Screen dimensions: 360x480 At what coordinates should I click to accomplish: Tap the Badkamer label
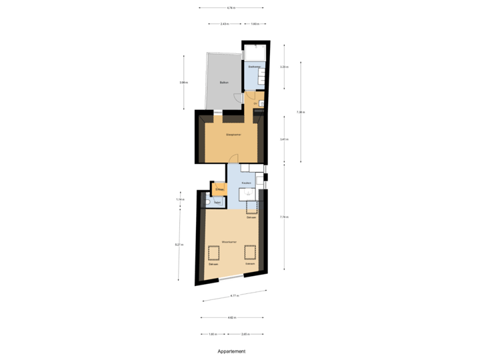pyautogui.click(x=253, y=67)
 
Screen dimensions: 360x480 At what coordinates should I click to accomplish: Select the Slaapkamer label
pyautogui.click(x=233, y=135)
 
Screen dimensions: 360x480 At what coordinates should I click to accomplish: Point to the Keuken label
pyautogui.click(x=246, y=182)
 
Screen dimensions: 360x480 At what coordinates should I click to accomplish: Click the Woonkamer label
pyautogui.click(x=231, y=243)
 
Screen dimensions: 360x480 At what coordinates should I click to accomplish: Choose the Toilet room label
pyautogui.click(x=217, y=201)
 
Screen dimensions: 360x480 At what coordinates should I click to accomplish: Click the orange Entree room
pyautogui.click(x=219, y=189)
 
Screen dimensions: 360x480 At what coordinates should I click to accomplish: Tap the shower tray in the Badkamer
pyautogui.click(x=255, y=53)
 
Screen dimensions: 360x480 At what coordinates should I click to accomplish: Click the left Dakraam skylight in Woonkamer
pyautogui.click(x=214, y=253)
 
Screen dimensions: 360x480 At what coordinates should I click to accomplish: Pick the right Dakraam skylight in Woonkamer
pyautogui.click(x=250, y=252)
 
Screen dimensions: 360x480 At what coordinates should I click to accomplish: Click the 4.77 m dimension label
pyautogui.click(x=234, y=295)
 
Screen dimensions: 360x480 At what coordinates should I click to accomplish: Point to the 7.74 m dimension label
pyautogui.click(x=283, y=217)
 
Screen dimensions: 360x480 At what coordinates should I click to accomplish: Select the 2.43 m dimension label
pyautogui.click(x=225, y=24)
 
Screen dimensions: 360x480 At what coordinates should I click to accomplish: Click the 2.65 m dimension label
pyautogui.click(x=245, y=334)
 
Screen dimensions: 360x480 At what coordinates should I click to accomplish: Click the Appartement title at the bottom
pyautogui.click(x=231, y=350)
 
